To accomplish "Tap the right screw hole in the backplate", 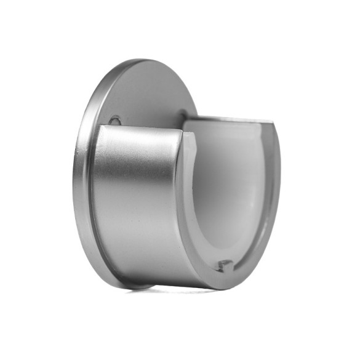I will pyautogui.click(x=183, y=113).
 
